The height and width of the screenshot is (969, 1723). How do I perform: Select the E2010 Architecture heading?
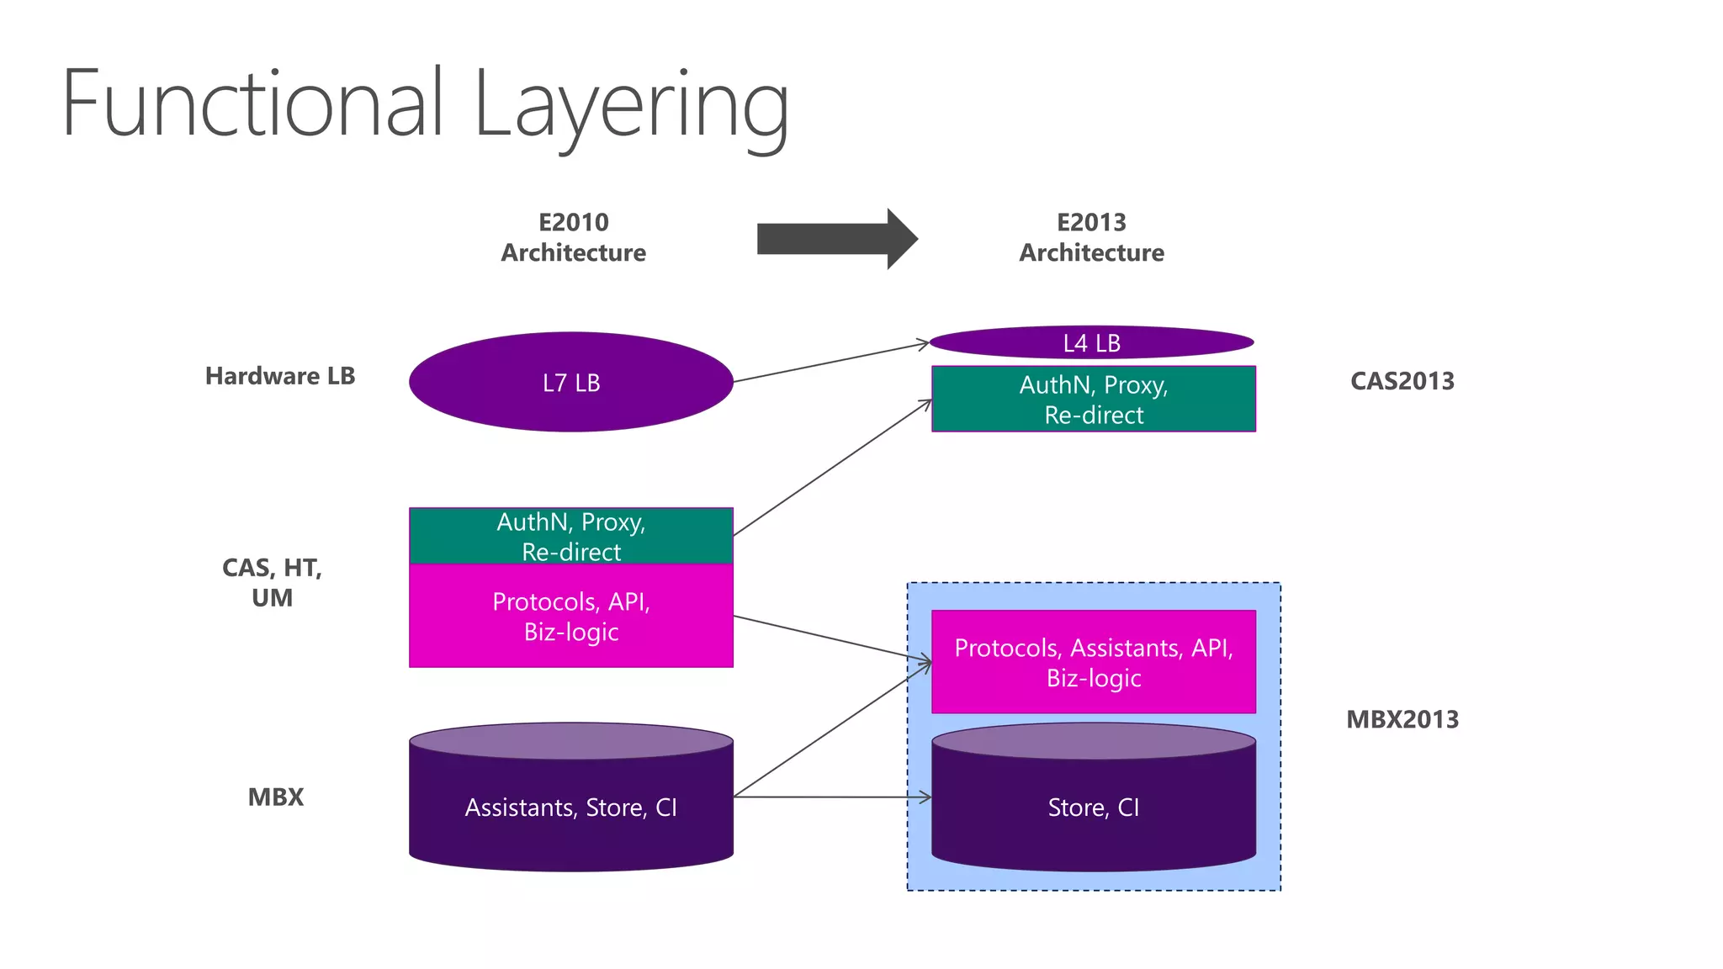coord(573,237)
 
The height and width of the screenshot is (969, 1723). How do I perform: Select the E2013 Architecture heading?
coord(1091,237)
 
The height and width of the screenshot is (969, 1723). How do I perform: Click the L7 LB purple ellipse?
coord(570,383)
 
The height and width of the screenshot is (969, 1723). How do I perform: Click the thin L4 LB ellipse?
coord(1091,342)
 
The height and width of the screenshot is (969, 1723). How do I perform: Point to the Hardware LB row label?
coord(279,376)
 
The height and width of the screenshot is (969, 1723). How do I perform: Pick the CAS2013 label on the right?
coord(1402,381)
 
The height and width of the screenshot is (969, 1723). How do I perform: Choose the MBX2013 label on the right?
coord(1402,719)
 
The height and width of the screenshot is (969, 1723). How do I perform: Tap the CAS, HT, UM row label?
coord(272,582)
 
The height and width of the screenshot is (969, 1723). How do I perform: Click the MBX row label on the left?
coord(275,797)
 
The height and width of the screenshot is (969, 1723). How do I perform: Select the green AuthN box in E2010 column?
coord(570,536)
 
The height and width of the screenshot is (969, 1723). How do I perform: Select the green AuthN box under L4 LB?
coord(1093,400)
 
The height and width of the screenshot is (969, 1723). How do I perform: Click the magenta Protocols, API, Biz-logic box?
coord(570,617)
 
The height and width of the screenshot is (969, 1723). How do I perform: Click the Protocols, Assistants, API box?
coord(1093,662)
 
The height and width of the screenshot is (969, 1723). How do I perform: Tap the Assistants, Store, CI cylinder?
coord(570,807)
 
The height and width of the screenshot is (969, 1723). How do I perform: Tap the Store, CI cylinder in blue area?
coord(1093,807)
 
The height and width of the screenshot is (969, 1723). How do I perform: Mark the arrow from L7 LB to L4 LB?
coord(831,363)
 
